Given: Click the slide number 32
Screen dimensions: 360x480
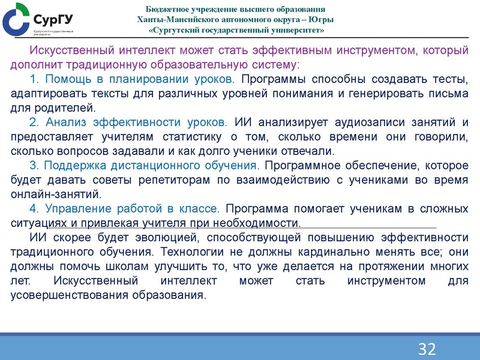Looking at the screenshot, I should tap(427, 349).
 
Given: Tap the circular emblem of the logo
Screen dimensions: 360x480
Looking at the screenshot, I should tap(16, 19).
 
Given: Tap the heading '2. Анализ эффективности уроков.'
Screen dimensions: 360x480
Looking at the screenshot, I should tap(128, 123).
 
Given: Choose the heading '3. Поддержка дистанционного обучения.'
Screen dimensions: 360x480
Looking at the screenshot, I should tap(144, 166).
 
